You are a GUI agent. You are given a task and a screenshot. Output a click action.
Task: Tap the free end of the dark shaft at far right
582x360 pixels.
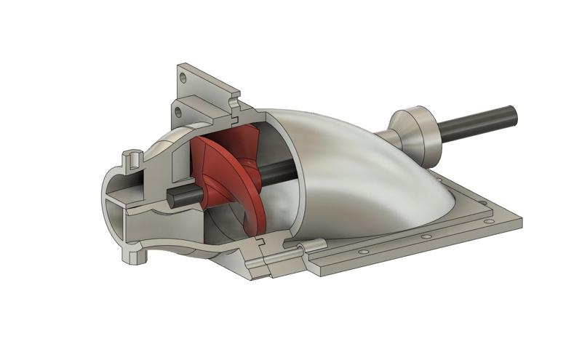(x=512, y=113)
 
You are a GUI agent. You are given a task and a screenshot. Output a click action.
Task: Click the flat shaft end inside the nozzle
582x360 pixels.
(x=172, y=196)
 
